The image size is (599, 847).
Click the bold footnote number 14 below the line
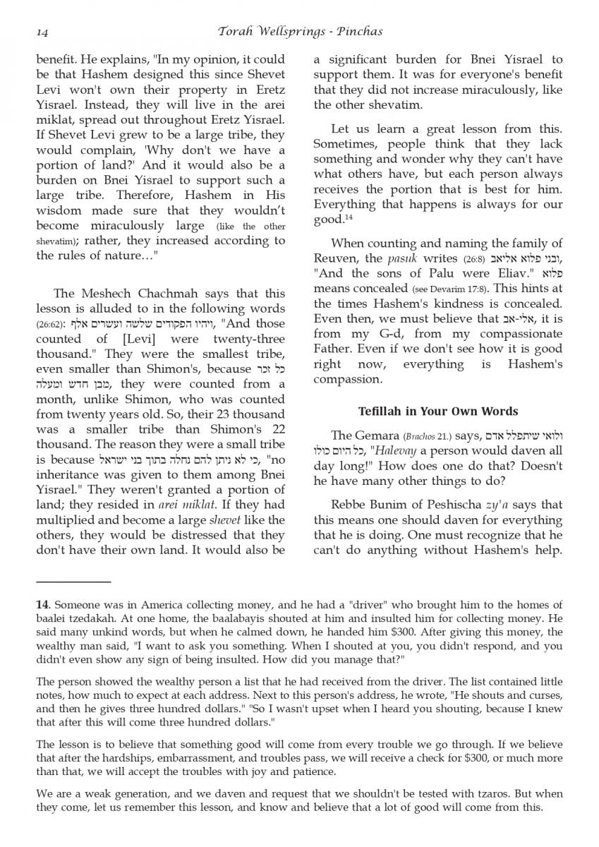pyautogui.click(x=42, y=605)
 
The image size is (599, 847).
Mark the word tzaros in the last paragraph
pyautogui.click(x=466, y=794)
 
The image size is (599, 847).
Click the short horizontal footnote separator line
pyautogui.click(x=73, y=581)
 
